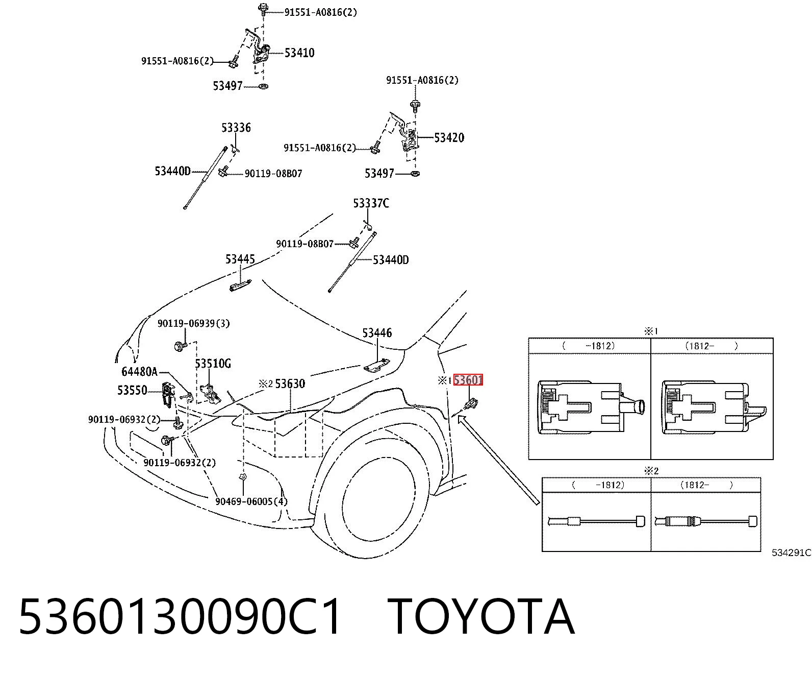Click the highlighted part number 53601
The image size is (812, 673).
coord(468,380)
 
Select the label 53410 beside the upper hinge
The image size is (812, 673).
coord(299,53)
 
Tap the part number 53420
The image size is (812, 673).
coord(449,137)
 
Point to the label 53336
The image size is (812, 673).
coord(236,127)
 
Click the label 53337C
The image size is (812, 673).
coord(371,203)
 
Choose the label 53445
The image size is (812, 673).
coord(240,259)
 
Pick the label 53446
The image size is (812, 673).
coord(377,332)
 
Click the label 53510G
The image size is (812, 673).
coord(213,364)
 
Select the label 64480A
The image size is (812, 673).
coord(140,372)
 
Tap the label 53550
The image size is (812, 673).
coord(132,390)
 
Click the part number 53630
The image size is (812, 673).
coord(290,383)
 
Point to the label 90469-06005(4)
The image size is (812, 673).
coord(251,501)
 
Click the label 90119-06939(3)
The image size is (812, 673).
coord(194,323)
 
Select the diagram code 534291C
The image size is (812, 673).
coord(792,552)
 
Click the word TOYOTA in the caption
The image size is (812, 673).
coord(481,618)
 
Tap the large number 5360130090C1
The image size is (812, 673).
coord(181,618)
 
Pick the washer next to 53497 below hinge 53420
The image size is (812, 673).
coord(415,173)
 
